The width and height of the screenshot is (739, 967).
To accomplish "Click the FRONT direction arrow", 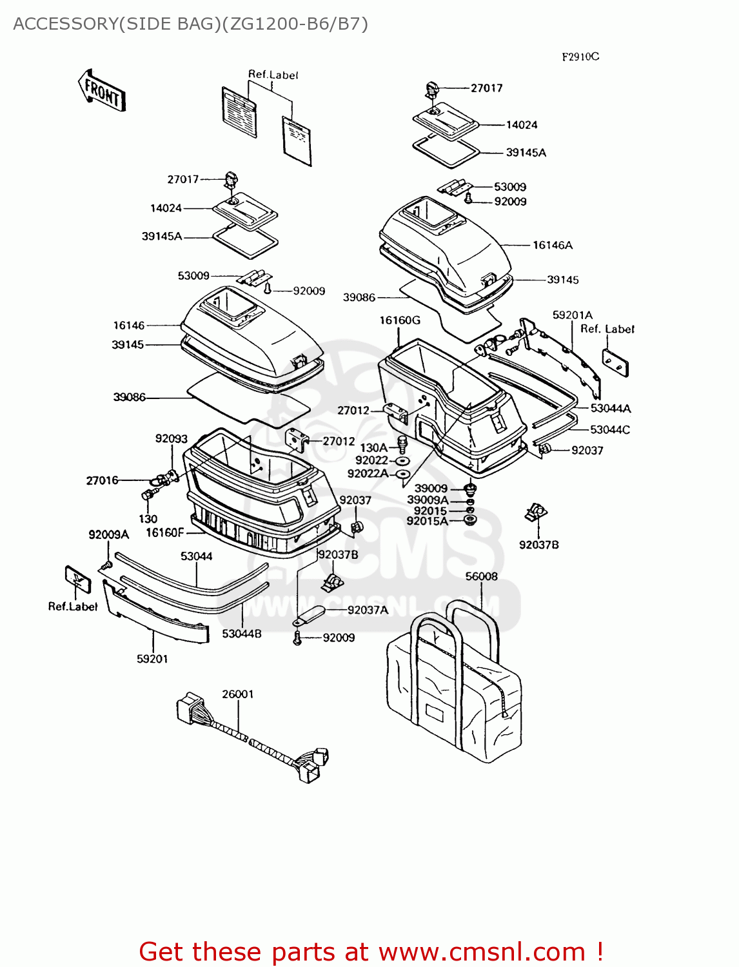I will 102,91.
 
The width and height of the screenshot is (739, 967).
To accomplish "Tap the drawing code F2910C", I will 580,57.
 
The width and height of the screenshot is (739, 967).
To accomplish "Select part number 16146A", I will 552,245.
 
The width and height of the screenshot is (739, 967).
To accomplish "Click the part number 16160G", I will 399,320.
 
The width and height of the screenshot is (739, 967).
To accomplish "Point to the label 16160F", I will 165,532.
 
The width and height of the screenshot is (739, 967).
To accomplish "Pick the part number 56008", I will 481,576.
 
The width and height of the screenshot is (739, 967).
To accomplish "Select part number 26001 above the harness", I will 237,694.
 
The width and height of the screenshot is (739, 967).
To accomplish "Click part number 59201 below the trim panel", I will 152,658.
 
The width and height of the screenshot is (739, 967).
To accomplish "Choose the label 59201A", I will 572,315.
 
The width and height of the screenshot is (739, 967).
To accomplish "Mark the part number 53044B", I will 242,634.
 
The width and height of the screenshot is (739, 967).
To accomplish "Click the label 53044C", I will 609,429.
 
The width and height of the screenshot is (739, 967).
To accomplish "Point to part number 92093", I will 171,438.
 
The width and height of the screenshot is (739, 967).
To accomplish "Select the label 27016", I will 103,480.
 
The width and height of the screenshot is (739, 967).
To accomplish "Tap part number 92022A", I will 368,474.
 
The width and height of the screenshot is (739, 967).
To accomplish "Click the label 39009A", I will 428,500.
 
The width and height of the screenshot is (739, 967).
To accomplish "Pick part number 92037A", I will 368,610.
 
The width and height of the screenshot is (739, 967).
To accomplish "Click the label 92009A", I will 108,534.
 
